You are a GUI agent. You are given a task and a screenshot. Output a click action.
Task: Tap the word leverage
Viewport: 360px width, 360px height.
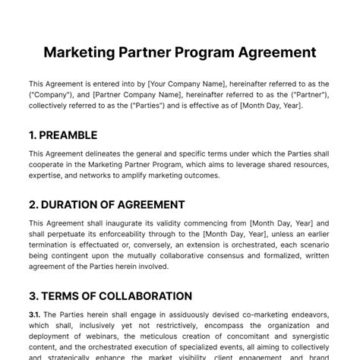click(260, 164)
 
